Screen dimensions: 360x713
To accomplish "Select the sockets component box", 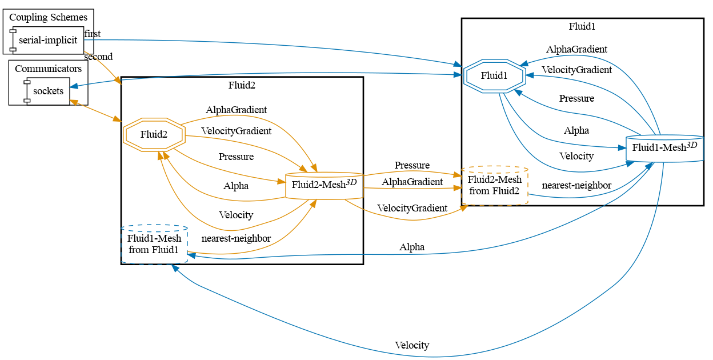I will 48,91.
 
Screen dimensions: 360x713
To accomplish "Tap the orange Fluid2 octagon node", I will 154,134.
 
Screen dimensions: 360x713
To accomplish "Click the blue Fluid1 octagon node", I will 494,75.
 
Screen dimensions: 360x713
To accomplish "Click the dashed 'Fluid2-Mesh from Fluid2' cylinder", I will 494,185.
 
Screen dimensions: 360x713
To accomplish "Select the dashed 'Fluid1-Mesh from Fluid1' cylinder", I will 154,244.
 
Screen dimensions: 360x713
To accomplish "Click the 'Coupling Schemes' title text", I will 48,17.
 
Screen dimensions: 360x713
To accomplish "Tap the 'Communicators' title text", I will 48,69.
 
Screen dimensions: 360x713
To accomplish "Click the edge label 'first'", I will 93,34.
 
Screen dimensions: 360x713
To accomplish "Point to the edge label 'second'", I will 98,57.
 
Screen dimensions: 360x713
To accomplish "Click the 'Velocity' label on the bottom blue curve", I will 411,345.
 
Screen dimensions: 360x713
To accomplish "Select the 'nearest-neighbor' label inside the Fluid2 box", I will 236,238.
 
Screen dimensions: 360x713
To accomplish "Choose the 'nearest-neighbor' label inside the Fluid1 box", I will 576,185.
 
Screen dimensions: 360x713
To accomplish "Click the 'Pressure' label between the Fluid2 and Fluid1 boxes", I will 412,165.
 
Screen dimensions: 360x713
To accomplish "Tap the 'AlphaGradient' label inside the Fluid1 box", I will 576,49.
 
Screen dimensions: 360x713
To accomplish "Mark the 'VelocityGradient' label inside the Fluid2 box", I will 236,131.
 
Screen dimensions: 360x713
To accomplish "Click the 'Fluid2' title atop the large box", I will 242,86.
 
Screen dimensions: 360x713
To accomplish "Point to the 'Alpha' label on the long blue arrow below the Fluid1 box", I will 412,247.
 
